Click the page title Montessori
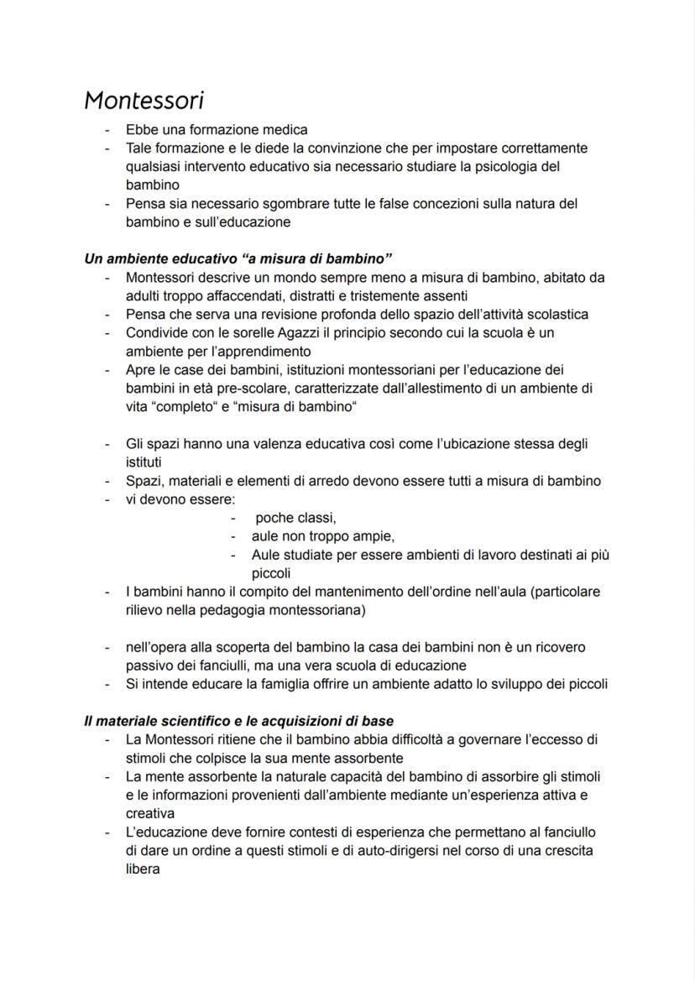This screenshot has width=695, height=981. coord(144,100)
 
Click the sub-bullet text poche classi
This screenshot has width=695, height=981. coord(295,518)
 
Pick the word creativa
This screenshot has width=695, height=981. coord(149,813)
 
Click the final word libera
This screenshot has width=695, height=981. coord(143,869)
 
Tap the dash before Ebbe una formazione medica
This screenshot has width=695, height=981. coord(107,131)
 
